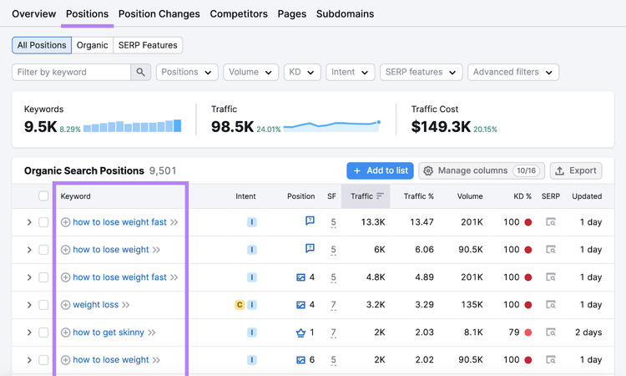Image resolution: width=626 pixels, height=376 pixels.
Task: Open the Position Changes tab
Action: coord(159,14)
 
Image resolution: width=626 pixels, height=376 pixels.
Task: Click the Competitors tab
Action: coord(239,14)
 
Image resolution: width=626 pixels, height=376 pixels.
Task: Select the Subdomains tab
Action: coord(345,14)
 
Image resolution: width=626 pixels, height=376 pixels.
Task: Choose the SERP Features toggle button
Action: coord(148,45)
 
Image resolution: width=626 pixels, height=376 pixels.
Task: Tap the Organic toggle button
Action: coord(92,45)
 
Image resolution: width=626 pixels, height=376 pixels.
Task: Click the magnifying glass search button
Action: coord(140,72)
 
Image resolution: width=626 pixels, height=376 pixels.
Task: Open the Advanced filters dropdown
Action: coord(513,72)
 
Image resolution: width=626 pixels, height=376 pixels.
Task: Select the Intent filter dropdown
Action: coord(350,72)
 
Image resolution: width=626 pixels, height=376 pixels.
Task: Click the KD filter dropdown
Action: coord(302,72)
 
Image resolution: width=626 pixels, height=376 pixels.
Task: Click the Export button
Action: coord(576,170)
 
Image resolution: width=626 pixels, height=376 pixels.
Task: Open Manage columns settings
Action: coord(482,170)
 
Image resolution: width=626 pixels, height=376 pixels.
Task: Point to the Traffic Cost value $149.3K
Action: coord(441,127)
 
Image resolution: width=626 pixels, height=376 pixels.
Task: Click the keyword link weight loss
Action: coord(96,304)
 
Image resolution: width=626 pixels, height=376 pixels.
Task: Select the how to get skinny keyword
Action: coord(109,332)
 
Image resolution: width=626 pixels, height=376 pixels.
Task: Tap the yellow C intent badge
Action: coord(240,305)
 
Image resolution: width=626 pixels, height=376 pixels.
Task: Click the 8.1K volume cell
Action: coord(473,332)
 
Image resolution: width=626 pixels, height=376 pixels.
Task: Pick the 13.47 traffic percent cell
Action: coord(422,221)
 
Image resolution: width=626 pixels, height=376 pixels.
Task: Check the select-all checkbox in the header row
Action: coord(43,196)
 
